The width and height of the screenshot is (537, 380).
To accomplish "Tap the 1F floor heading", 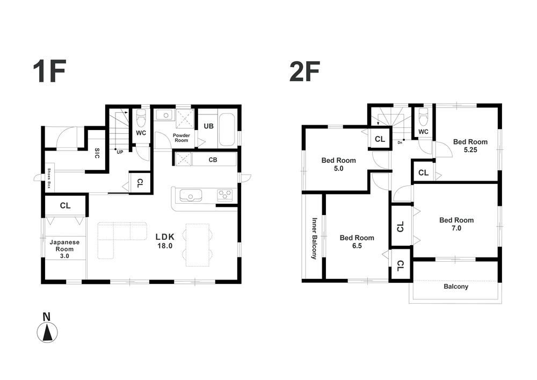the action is point(49,71).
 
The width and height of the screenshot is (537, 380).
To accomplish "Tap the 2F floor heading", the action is point(305,71).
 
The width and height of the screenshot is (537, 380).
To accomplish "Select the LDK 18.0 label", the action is point(165,241).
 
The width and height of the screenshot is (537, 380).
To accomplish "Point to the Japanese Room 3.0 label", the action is point(64,249).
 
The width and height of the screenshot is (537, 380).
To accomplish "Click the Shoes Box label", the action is point(49,178).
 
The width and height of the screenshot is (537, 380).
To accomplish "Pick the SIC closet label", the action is point(97,153).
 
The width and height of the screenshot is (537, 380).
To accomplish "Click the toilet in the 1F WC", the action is point(141,118).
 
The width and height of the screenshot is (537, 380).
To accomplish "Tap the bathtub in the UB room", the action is point(227,129).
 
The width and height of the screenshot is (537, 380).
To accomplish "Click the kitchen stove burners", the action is point(224,194).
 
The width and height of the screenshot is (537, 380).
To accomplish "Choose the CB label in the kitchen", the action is point(213,160).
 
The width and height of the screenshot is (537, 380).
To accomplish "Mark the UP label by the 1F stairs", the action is point(120,152).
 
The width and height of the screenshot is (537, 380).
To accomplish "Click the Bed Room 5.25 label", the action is point(470,146).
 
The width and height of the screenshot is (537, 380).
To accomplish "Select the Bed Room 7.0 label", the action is point(456,224).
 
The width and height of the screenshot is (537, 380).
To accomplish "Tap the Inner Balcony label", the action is point(314,238).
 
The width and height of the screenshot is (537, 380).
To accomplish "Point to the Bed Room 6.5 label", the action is point(357,241).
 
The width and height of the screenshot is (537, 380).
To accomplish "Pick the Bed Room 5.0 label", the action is point(338,164).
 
